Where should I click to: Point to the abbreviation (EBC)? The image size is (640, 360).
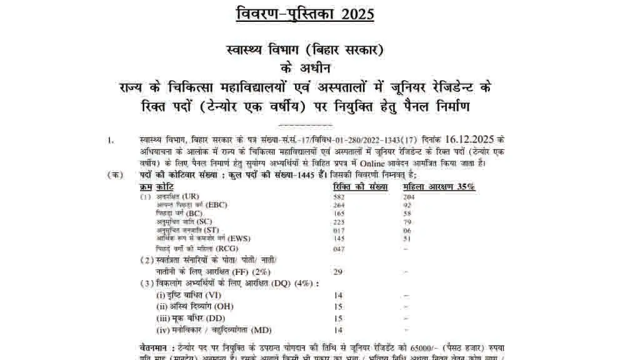[217, 205]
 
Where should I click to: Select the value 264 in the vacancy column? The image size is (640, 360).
[339, 205]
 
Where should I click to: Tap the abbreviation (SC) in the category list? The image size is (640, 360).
[204, 222]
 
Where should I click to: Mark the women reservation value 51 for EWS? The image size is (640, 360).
[407, 238]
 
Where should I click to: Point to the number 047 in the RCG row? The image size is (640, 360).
[339, 249]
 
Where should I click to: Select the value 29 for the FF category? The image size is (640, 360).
[338, 272]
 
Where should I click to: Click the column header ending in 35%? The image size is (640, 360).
[439, 187]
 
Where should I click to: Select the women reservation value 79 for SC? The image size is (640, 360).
[407, 222]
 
